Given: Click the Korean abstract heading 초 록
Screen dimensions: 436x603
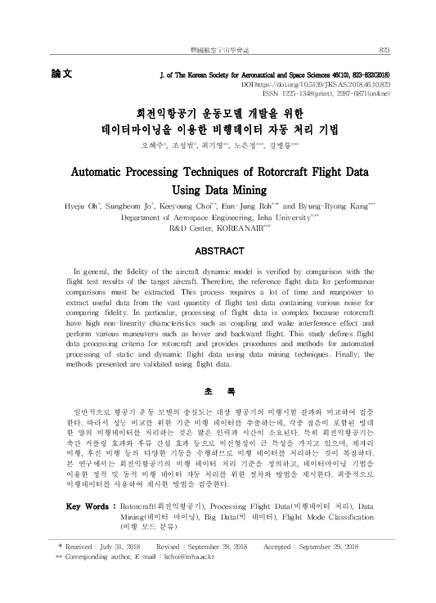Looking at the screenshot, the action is [217, 389].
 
